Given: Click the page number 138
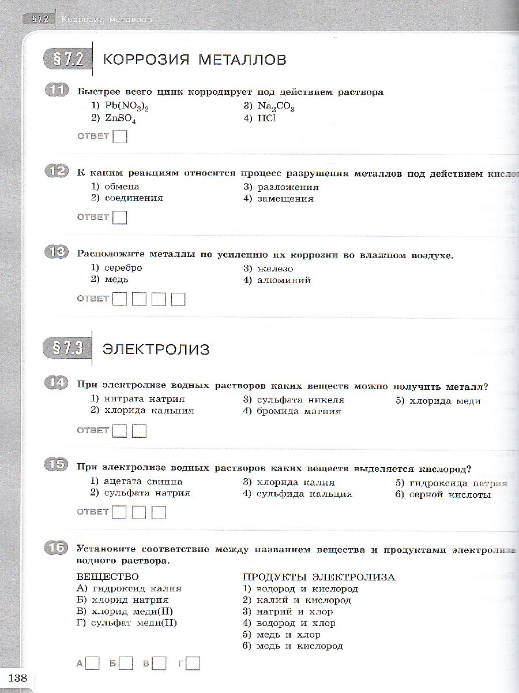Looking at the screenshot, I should [17, 678].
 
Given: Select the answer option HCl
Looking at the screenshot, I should [267, 118].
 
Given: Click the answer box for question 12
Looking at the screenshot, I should [120, 218].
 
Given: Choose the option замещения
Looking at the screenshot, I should [285, 199].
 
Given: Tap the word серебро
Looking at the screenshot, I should [123, 268].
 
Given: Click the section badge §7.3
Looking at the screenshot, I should [67, 348].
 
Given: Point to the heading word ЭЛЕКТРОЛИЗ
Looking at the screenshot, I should [156, 349].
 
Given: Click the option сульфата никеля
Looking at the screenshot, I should [300, 400].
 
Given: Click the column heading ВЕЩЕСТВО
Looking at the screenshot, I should [108, 577].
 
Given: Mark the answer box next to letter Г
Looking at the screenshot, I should [194, 664].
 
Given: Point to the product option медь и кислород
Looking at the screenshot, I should [299, 646].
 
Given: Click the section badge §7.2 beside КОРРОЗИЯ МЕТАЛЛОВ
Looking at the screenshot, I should [67, 59].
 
